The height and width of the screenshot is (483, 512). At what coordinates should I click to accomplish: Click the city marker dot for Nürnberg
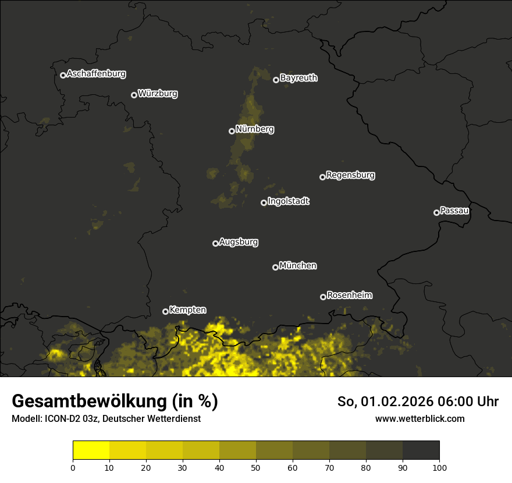[232, 131]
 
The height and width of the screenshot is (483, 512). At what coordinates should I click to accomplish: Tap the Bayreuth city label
[298, 78]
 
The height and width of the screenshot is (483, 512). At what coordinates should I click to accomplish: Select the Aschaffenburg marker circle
[63, 75]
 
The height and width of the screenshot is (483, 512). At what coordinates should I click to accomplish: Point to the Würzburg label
[158, 94]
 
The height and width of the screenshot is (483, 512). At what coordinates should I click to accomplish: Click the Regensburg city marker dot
[322, 177]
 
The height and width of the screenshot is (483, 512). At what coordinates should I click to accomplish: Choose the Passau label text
[454, 211]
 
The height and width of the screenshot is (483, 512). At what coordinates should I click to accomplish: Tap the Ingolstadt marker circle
[264, 203]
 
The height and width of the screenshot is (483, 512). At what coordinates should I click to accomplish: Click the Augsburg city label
[239, 242]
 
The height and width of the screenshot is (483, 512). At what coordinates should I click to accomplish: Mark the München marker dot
[275, 267]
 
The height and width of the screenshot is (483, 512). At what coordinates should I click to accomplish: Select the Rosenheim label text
[349, 296]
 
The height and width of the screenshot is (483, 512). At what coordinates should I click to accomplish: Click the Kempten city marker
[165, 311]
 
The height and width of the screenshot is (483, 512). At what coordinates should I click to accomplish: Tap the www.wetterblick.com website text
[419, 418]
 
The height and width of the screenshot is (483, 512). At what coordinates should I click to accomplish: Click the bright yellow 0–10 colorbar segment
[91, 450]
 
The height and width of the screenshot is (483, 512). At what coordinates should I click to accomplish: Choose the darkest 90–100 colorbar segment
[421, 450]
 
